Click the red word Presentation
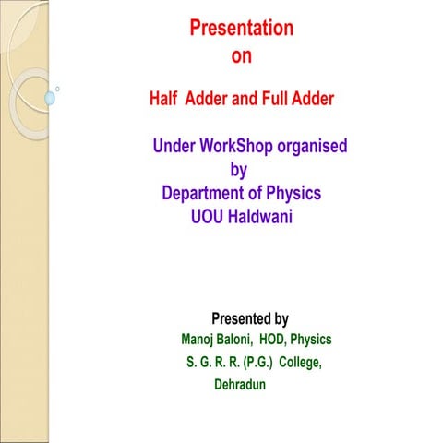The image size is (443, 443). tap(242, 28)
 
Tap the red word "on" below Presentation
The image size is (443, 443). tap(242, 56)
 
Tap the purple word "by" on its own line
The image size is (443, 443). tap(238, 170)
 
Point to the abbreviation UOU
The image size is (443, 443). tap(208, 218)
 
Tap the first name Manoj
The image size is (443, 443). tap(199, 340)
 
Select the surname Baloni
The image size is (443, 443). tap(238, 340)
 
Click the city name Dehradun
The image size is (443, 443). tap(240, 385)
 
